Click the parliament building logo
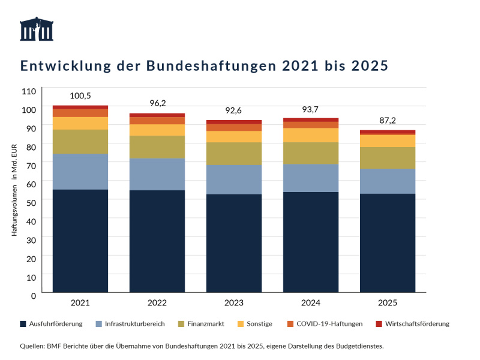37,29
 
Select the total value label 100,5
80,96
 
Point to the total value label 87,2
388,121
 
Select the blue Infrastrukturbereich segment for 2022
157,174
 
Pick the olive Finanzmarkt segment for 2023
234,154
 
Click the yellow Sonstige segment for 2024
311,135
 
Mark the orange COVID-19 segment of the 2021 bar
80,113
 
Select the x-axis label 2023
234,304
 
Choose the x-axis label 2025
388,304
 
